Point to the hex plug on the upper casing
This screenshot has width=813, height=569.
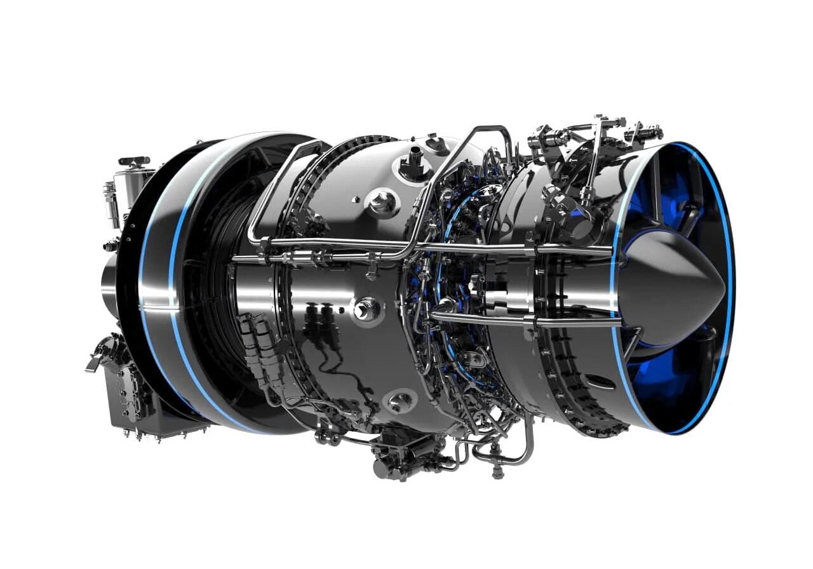click(383, 203)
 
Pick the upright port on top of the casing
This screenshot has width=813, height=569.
click(416, 156)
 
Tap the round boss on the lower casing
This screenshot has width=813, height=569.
click(401, 401)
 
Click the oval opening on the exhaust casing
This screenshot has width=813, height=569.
click(598, 382)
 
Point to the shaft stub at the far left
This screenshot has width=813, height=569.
click(109, 286)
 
